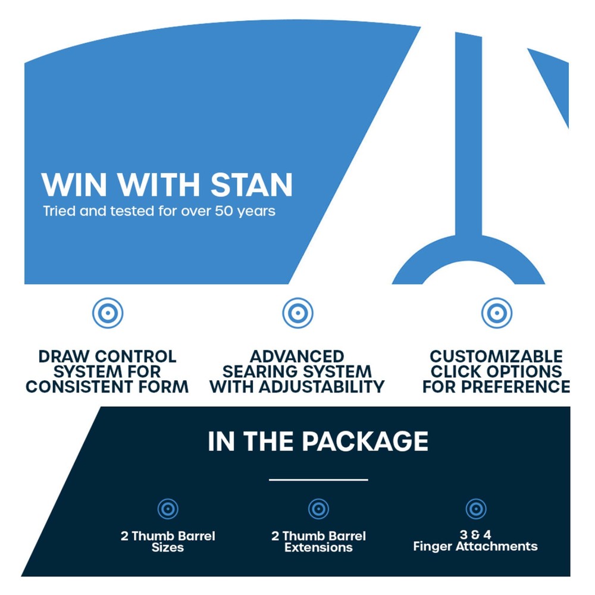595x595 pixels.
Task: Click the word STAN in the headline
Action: click(x=252, y=185)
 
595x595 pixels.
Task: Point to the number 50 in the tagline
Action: click(x=224, y=211)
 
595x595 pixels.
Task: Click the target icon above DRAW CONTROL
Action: click(x=108, y=313)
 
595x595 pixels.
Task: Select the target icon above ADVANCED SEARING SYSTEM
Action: click(x=298, y=313)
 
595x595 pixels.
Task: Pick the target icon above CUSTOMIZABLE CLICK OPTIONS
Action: click(x=497, y=313)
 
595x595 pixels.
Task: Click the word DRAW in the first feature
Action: click(x=64, y=356)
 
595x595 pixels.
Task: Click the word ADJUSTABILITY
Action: click(x=322, y=387)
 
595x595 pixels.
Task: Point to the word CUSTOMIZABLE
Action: click(x=496, y=356)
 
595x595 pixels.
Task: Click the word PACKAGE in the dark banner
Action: click(x=365, y=441)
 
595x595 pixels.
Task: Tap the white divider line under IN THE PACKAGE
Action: click(x=318, y=480)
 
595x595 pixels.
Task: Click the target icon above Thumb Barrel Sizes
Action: click(x=168, y=509)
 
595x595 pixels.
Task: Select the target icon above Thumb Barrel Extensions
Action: click(x=319, y=509)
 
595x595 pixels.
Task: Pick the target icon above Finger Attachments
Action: click(x=476, y=509)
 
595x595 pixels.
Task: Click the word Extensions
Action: click(x=319, y=547)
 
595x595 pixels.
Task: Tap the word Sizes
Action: click(x=168, y=547)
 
